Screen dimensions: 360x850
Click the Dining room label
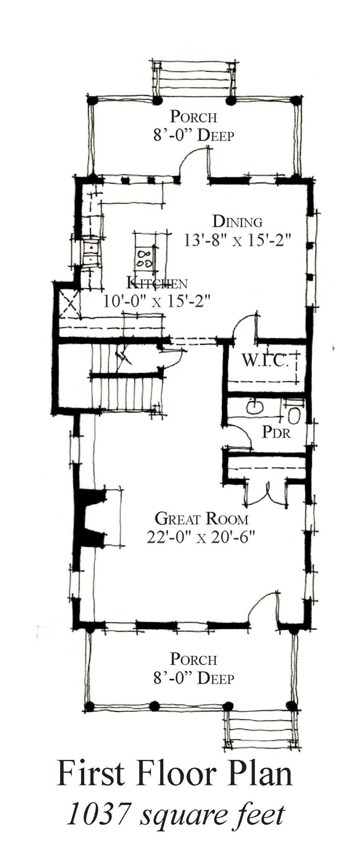(238, 221)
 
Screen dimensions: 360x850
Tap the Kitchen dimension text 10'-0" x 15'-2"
(156, 302)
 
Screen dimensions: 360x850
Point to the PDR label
(276, 432)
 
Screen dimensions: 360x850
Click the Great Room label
(202, 519)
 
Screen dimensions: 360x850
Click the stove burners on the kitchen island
(145, 258)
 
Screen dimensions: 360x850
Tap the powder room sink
(256, 408)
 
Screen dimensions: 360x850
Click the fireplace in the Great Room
(91, 518)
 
